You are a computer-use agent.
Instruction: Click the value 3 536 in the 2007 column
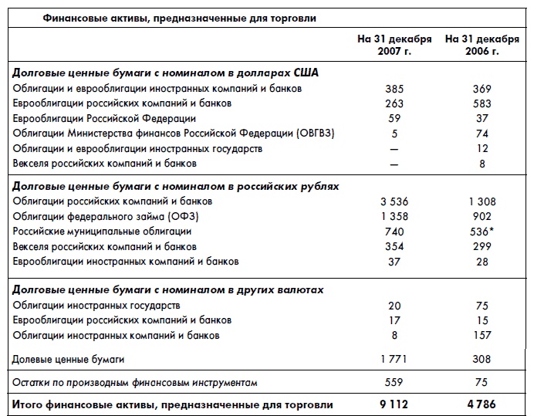pos(394,201)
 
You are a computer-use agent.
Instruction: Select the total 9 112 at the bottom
pos(394,404)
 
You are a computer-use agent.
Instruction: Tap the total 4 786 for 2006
pos(482,404)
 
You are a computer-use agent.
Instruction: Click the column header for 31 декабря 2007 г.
pos(394,45)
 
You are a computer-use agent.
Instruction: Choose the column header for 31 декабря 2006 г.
pos(482,45)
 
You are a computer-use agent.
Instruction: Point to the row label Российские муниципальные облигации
pos(102,231)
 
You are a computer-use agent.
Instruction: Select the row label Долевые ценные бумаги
pos(69,359)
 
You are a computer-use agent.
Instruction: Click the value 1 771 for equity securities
pos(394,359)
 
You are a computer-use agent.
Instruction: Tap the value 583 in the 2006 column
pos(482,103)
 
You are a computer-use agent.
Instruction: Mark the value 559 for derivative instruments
pos(394,382)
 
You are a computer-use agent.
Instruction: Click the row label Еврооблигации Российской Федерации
pos(104,118)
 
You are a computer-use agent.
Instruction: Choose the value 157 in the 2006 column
pos(482,336)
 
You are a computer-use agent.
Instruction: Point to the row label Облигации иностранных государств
pos(96,306)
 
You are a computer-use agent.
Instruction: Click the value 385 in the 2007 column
pos(394,89)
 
